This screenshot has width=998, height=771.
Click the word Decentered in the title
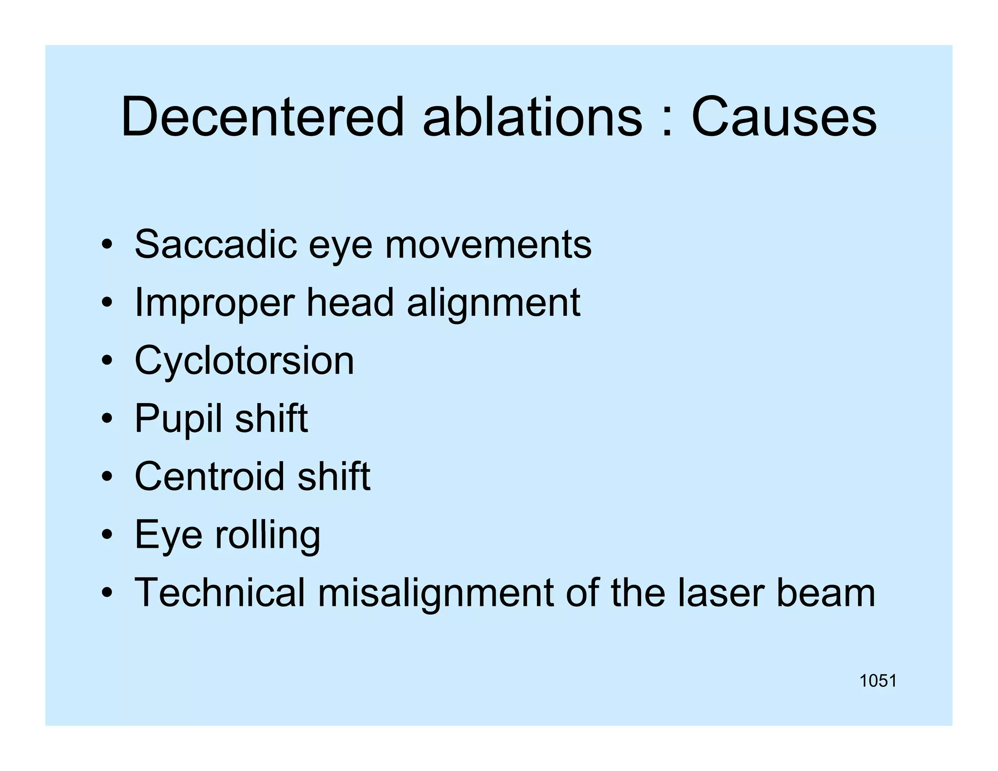click(262, 117)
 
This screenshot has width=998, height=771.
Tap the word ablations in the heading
click(532, 117)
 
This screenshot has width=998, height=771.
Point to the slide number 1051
click(878, 681)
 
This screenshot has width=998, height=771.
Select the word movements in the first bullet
click(488, 245)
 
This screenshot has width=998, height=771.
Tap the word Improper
click(214, 303)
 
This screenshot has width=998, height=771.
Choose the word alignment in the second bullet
click(493, 303)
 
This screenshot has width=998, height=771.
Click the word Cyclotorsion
click(244, 361)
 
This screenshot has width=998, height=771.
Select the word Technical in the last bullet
click(220, 592)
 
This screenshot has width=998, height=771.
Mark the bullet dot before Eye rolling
click(107, 535)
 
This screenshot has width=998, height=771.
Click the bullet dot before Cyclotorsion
click(107, 361)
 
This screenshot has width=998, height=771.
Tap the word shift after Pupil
click(271, 418)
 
